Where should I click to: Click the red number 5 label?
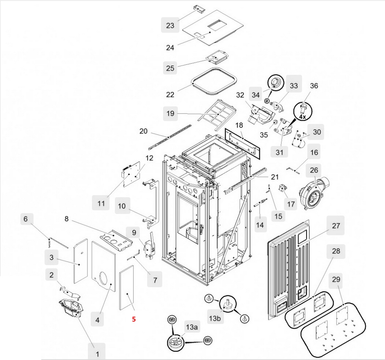tap(134, 319)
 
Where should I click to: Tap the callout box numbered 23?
tap(170, 25)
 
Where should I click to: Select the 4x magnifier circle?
tap(302, 111)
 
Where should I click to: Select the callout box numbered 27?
tap(336, 226)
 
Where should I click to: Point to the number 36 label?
tap(314, 86)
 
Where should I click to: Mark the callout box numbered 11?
tap(101, 203)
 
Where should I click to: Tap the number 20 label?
tap(143, 131)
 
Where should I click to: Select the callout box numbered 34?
tap(256, 95)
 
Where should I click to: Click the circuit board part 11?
tap(133, 173)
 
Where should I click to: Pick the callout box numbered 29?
tap(336, 280)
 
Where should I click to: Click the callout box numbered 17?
tap(290, 203)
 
